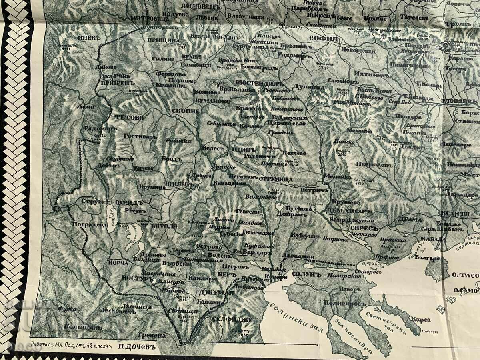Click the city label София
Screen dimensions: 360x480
point(323,39)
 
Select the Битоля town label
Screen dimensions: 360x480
point(164,226)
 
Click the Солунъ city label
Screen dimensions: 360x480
point(307,275)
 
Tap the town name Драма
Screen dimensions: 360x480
point(409,219)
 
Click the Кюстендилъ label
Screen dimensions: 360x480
point(259,84)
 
